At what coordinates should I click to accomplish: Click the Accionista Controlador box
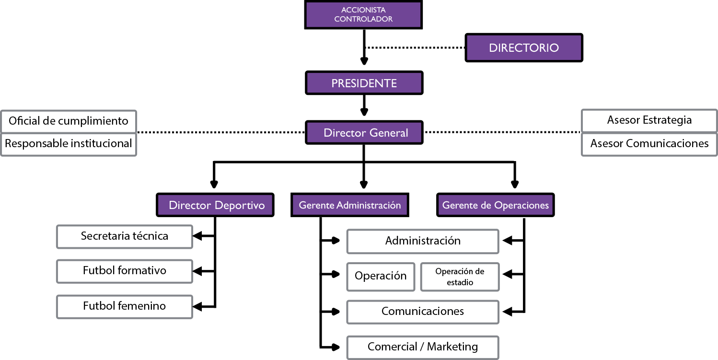pos(363,15)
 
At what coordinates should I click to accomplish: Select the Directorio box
pos(524,48)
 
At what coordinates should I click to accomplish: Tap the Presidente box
pos(364,83)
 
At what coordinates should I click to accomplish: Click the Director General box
pos(364,133)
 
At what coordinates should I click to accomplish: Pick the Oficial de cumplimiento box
pos(69,121)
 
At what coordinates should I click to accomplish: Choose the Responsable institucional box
pos(69,143)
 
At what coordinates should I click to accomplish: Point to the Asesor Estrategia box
pos(649,120)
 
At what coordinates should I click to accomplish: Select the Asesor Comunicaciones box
pos(649,143)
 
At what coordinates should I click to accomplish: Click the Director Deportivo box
pos(216,205)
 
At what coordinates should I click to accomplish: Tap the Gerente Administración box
pos(350,205)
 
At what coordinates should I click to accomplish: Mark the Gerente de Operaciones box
pos(496,205)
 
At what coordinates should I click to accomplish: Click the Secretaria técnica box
pos(125,236)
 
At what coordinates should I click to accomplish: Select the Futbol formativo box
pos(125,271)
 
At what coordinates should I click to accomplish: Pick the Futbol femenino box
pos(125,306)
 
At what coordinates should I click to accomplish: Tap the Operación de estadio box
pos(460,277)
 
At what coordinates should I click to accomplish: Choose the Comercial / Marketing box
pos(422,347)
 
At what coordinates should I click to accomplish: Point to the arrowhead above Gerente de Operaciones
pos(515,184)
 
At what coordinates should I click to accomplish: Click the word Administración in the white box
pos(422,241)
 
